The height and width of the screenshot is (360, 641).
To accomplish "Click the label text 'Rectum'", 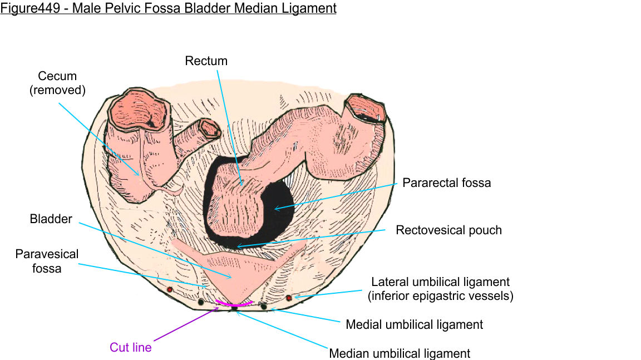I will pyautogui.click(x=206, y=61).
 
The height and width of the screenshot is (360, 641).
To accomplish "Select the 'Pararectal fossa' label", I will pyautogui.click(x=447, y=183).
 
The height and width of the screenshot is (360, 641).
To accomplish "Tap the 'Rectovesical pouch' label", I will pyautogui.click(x=448, y=230).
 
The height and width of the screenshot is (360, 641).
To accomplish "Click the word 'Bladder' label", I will pyautogui.click(x=51, y=219).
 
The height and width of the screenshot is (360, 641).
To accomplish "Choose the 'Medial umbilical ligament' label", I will pyautogui.click(x=414, y=324).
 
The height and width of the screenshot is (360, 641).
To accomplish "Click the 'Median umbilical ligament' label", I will pyautogui.click(x=400, y=353).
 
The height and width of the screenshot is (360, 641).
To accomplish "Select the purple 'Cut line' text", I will pyautogui.click(x=130, y=347).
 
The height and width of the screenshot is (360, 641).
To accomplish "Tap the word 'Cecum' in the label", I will pyautogui.click(x=57, y=76).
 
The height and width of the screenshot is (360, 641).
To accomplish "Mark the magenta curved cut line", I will pyautogui.click(x=235, y=303).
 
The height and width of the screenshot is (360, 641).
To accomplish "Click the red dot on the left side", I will pyautogui.click(x=170, y=289).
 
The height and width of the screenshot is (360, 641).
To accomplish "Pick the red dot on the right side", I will pyautogui.click(x=289, y=298).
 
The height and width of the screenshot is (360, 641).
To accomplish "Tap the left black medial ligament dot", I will pyautogui.click(x=201, y=302).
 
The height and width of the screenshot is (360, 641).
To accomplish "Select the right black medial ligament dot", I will pyautogui.click(x=264, y=305).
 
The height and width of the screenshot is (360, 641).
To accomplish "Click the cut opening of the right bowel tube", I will pyautogui.click(x=364, y=109).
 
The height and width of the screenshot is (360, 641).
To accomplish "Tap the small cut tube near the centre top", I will pyautogui.click(x=211, y=129).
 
